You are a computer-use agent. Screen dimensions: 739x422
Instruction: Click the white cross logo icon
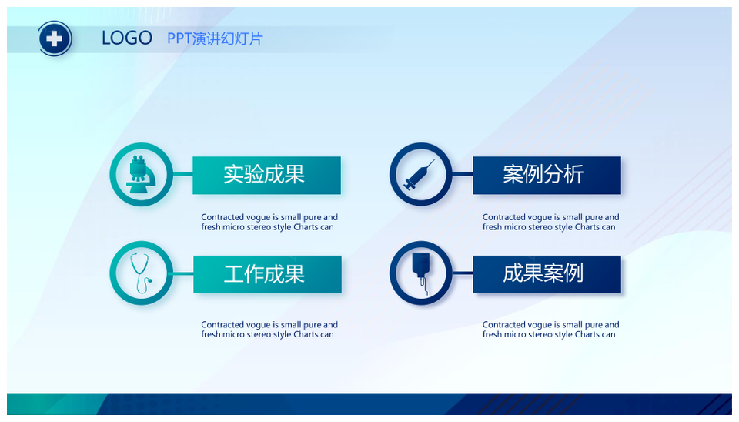[55, 39]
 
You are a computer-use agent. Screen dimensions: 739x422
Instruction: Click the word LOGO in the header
[127, 39]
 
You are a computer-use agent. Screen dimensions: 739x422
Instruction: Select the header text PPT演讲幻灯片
[215, 39]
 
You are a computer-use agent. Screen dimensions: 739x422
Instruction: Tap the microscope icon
[142, 174]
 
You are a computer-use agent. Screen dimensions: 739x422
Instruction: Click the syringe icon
[420, 175]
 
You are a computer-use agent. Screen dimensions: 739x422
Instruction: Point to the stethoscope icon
[141, 273]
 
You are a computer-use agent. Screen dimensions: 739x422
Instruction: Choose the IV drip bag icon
[421, 273]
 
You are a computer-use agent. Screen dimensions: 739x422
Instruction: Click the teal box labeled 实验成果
[267, 175]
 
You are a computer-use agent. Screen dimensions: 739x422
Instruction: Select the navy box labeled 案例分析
[547, 175]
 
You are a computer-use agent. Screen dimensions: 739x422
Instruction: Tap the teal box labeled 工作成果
[267, 274]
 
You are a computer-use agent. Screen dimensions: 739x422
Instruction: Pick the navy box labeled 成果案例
[547, 274]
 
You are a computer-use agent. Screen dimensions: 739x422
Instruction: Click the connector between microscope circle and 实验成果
[183, 175]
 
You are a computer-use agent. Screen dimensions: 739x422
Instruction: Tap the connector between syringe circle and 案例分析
[463, 175]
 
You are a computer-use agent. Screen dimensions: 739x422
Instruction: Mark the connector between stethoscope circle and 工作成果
[183, 273]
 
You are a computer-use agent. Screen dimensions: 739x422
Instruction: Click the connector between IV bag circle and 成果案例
[463, 273]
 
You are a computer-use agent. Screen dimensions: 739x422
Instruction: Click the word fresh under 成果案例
[492, 334]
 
